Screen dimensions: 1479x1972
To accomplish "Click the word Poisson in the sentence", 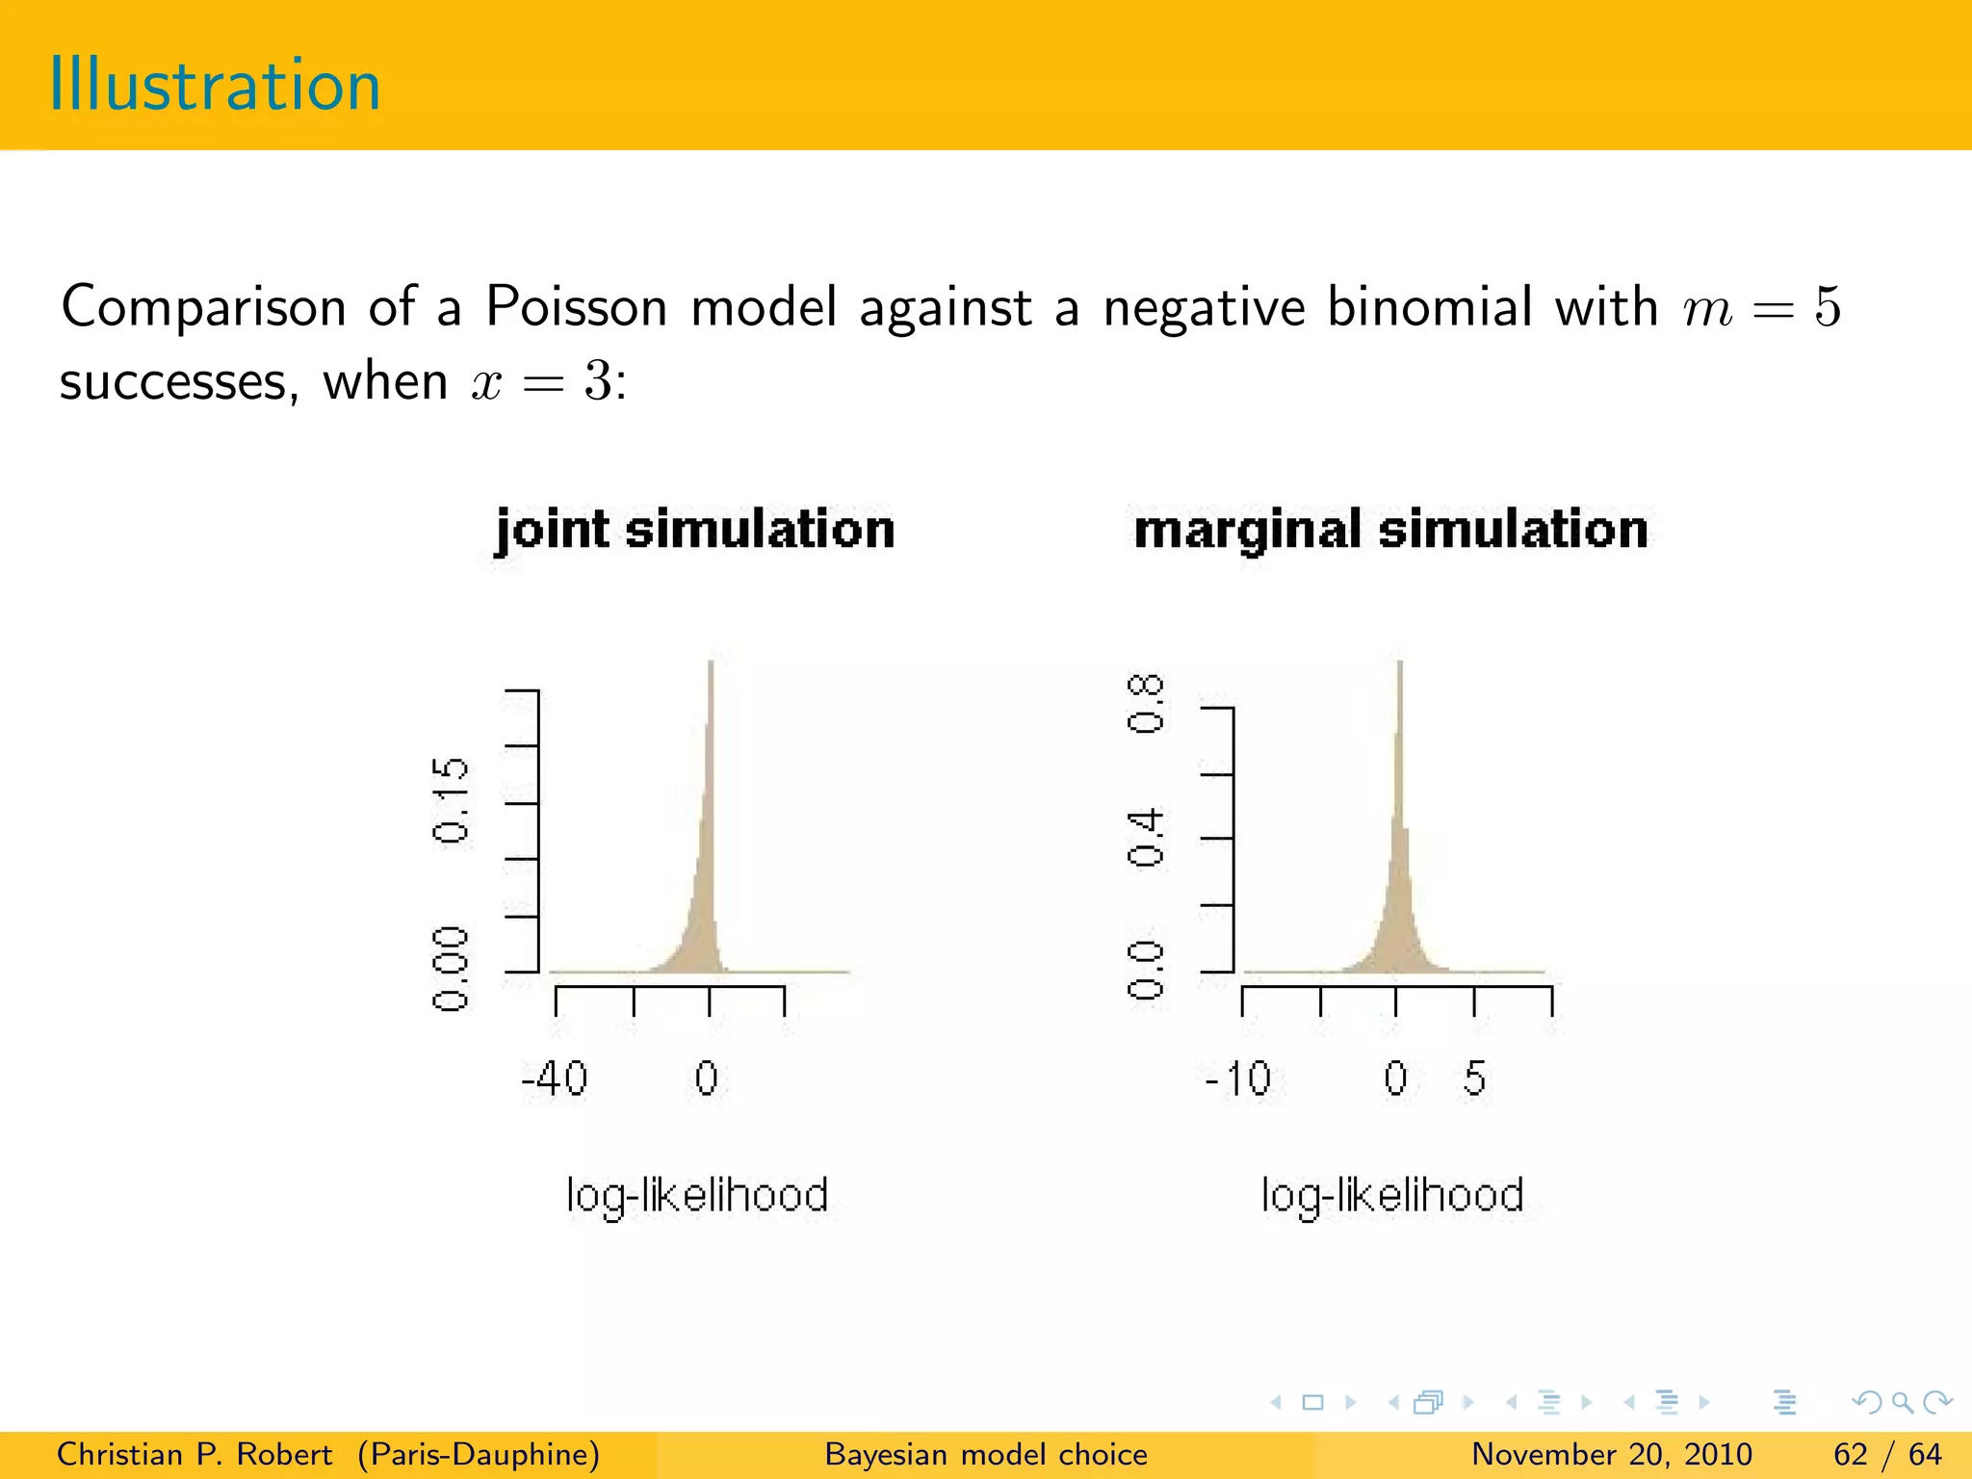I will coord(576,307).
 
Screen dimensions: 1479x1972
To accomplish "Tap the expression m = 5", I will coord(1761,309).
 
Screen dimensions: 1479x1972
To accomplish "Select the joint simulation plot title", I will coord(695,530).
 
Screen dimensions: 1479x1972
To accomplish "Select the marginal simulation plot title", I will coord(1390,530).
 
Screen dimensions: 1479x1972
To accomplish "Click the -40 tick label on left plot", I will coord(554,1078).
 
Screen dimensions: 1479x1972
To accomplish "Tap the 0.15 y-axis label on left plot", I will coord(451,800).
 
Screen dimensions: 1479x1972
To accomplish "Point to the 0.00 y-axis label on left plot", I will coord(451,969).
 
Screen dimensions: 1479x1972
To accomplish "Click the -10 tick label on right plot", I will coord(1238,1078).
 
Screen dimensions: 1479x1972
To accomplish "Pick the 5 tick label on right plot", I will coord(1474,1078).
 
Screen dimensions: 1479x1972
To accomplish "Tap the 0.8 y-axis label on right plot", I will coord(1146,704).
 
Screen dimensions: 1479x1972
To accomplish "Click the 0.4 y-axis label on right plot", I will coord(1146,839).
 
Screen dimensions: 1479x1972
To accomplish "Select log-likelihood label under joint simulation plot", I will coord(696,1196).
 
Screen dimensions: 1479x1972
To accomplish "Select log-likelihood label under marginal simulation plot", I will coord(1392,1196).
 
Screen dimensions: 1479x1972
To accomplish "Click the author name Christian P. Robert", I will coord(195,1454).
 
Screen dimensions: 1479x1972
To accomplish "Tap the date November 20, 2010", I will coord(1611,1454).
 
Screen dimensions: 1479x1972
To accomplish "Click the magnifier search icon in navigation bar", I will coord(1902,1402).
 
